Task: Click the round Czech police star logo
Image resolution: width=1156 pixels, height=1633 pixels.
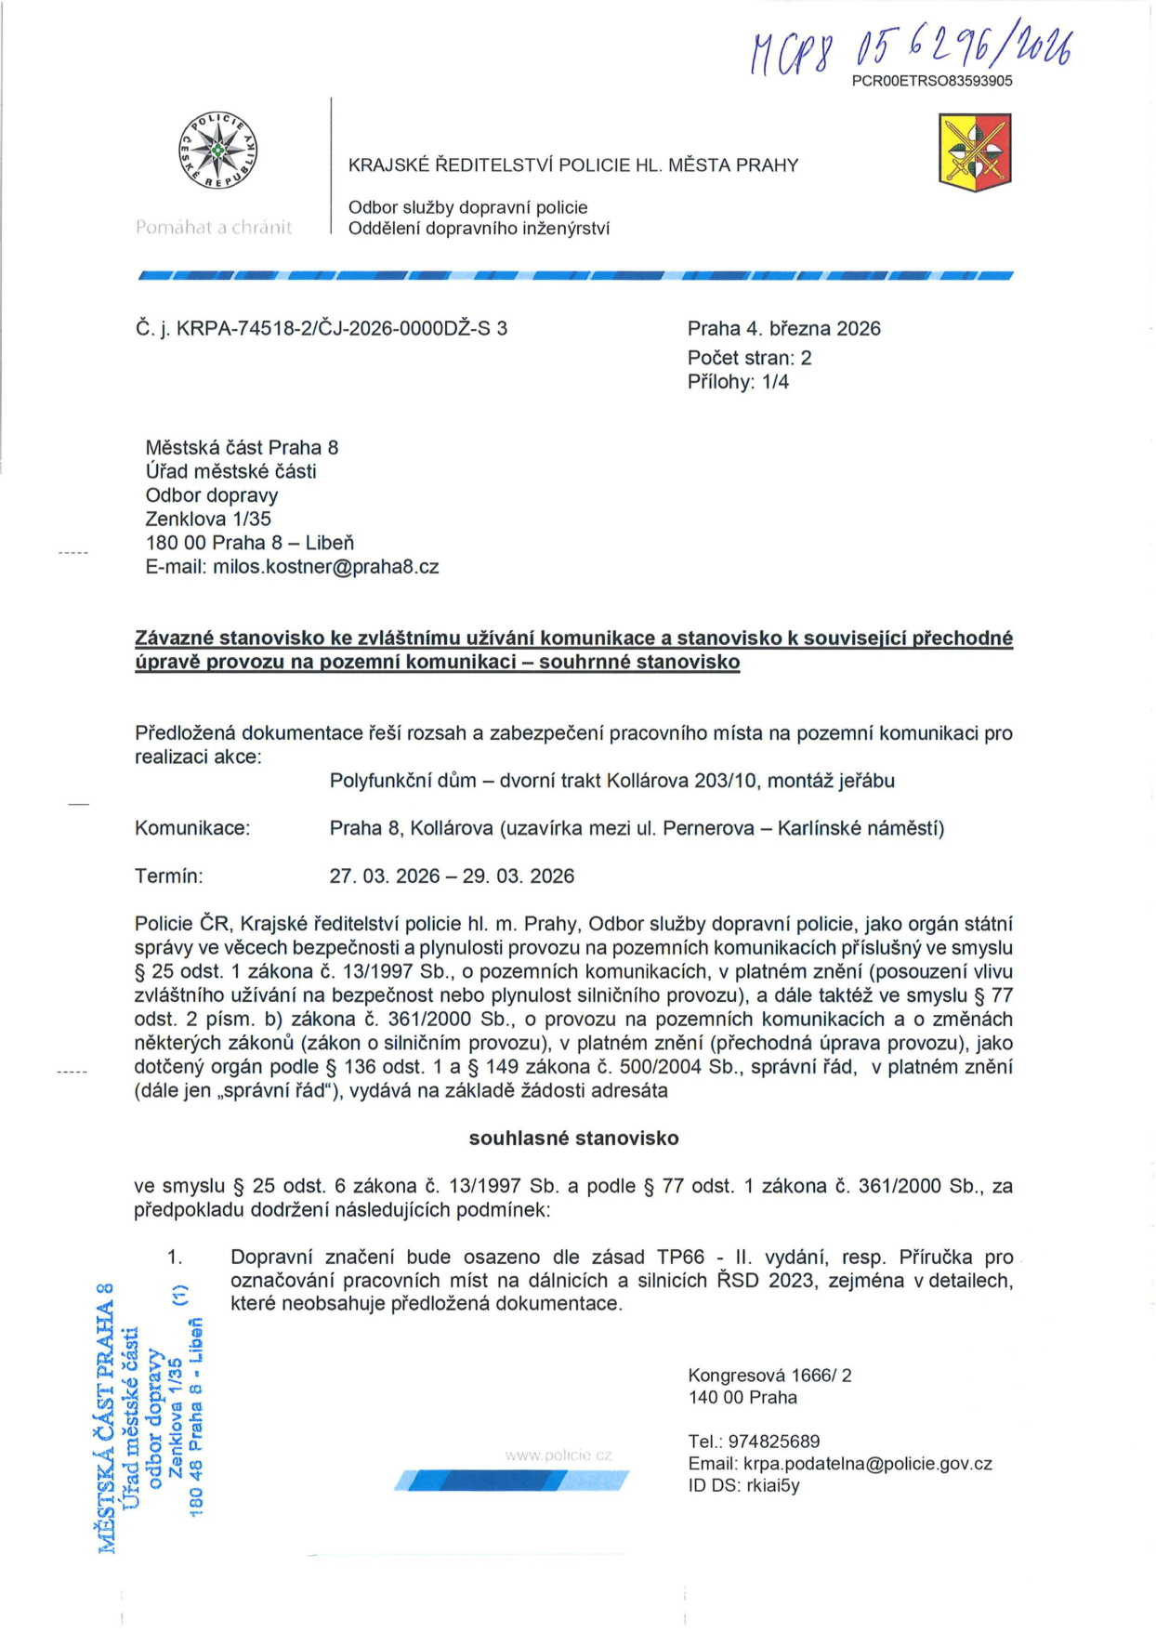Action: (x=217, y=151)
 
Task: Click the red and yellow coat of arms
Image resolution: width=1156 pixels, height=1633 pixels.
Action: (x=975, y=152)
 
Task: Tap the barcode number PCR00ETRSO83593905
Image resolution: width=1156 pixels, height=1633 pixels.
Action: (x=932, y=81)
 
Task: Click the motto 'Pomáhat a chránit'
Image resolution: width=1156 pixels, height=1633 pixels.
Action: (x=214, y=228)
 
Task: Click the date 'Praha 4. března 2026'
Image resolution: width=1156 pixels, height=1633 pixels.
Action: (x=783, y=328)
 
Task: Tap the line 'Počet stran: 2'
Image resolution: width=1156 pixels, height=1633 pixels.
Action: (x=749, y=358)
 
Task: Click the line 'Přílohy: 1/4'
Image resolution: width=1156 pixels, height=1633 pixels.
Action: (x=738, y=382)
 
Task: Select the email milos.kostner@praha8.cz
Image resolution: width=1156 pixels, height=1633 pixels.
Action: (x=325, y=567)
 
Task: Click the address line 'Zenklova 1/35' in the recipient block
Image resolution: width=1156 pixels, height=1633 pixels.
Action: (x=208, y=519)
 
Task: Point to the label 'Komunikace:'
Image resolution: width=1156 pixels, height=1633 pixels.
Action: (x=192, y=828)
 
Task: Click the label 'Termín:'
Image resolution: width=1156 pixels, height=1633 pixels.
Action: (x=169, y=876)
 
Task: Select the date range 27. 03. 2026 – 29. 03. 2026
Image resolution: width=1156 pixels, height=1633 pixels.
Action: (x=452, y=876)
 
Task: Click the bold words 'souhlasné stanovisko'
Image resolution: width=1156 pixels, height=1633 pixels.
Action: (x=573, y=1139)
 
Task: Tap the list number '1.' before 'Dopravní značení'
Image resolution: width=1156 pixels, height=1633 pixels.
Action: (x=175, y=1258)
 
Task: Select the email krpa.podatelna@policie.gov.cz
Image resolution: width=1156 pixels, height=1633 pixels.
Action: (x=867, y=1464)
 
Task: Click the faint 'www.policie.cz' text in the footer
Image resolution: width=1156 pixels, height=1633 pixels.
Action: (x=558, y=1455)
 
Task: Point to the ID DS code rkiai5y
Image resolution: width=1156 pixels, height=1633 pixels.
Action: (x=773, y=1485)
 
